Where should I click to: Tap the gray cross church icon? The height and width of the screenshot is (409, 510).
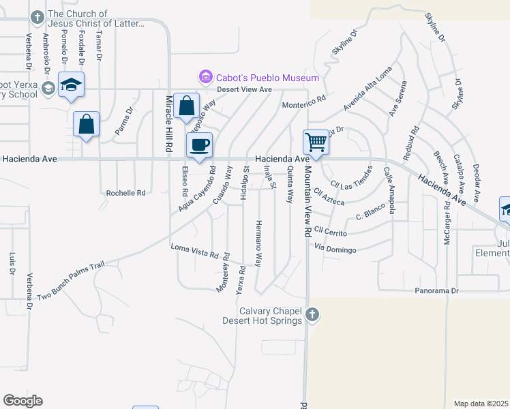point(312,314)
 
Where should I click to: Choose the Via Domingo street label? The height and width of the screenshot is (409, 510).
point(336,249)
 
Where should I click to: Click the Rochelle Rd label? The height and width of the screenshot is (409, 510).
point(126,193)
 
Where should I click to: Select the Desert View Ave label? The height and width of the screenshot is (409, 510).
point(244,89)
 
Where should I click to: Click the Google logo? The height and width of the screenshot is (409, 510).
point(22,401)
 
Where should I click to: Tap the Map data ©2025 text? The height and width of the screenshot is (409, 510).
point(481,404)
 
